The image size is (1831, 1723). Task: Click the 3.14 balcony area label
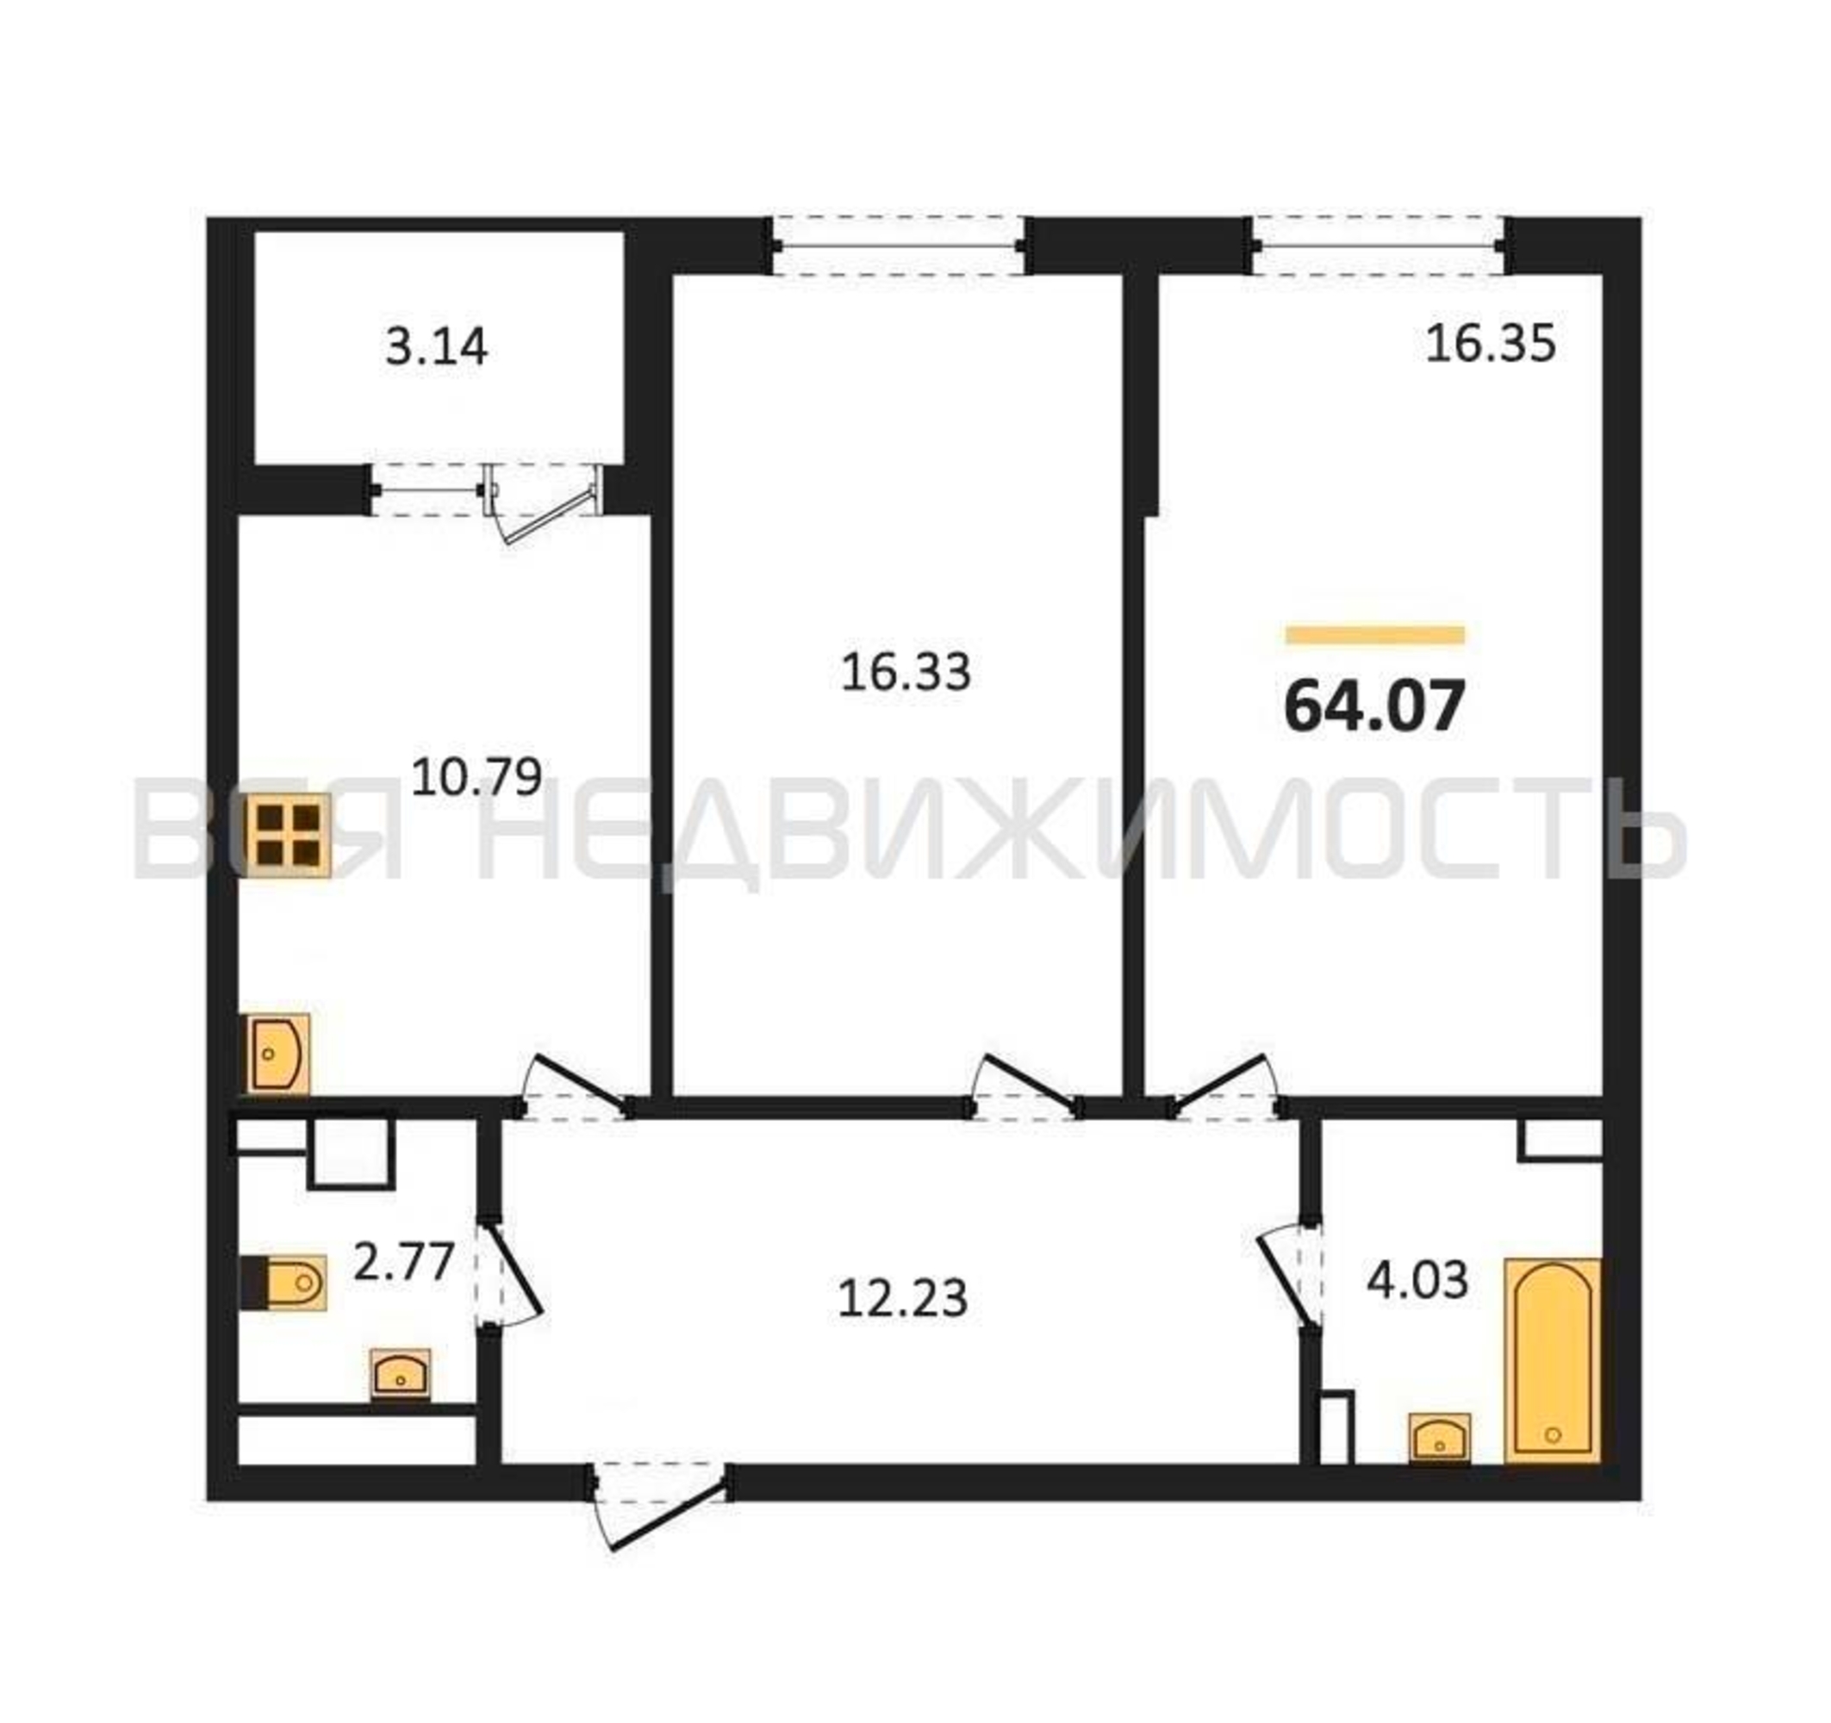point(436,348)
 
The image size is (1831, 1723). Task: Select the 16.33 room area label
point(906,671)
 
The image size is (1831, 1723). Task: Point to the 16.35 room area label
point(1491,344)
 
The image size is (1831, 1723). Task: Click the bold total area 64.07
point(1374,706)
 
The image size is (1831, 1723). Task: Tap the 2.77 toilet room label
point(404,1260)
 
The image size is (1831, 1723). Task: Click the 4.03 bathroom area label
point(1417,1280)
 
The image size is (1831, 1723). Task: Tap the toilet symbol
point(283,1281)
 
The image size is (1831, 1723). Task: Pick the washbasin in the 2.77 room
point(400,1374)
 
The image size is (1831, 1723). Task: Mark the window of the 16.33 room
point(900,246)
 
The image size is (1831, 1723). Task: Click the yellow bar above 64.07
point(1375,635)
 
